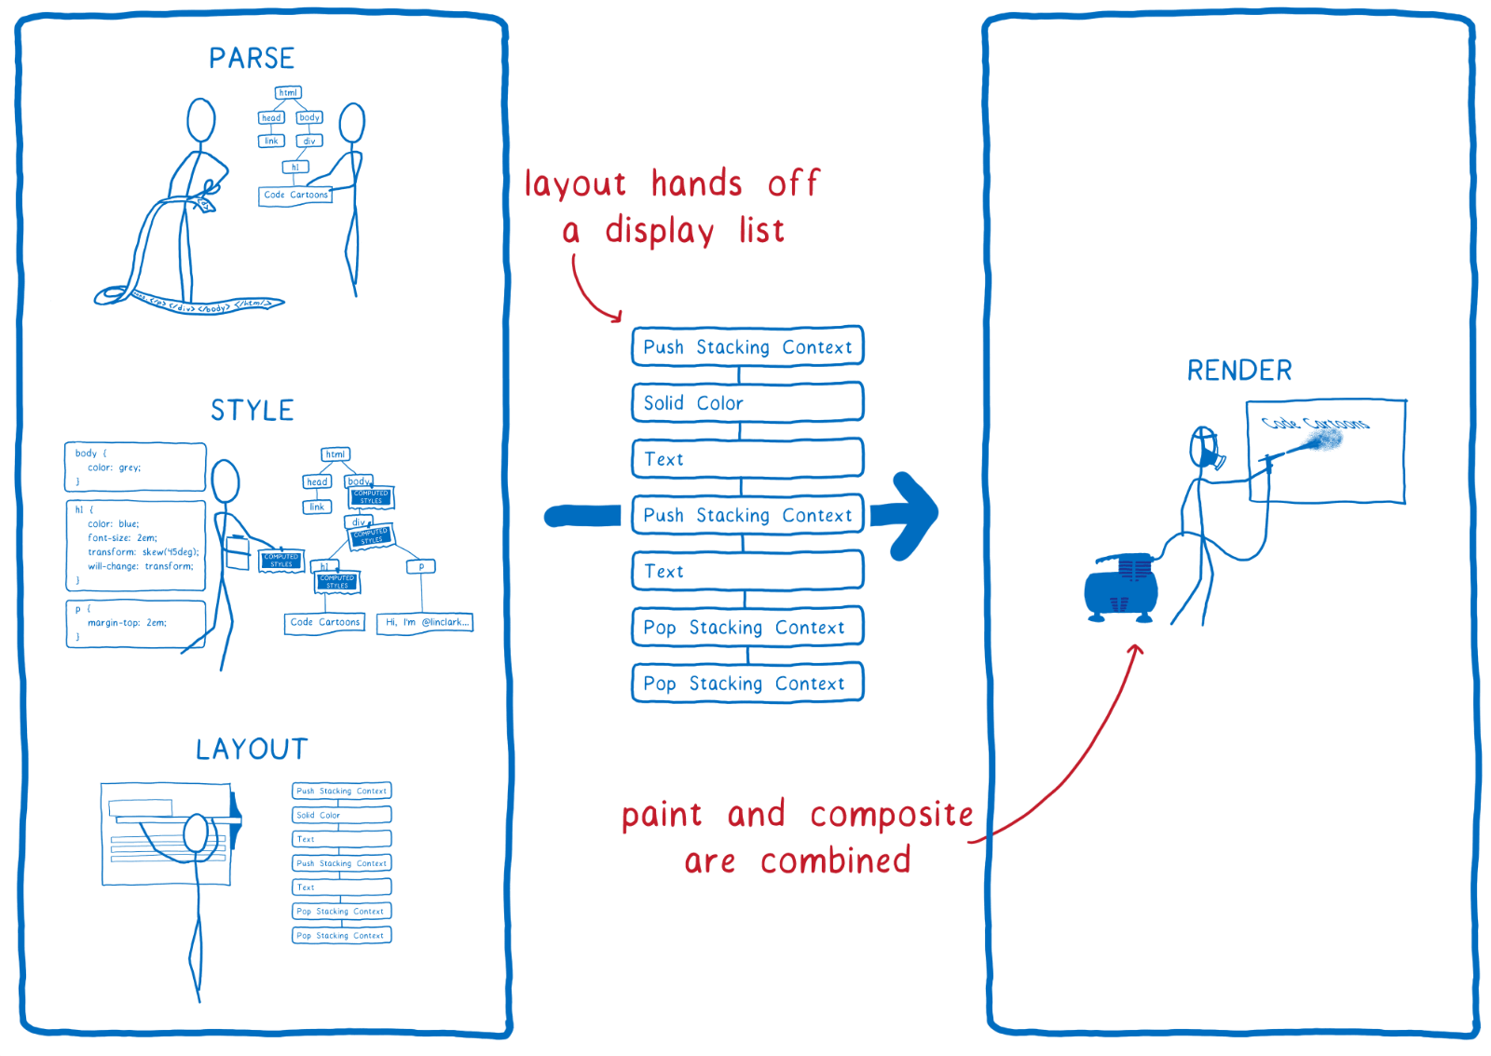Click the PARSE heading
(252, 59)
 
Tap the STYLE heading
(252, 410)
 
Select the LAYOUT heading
(252, 749)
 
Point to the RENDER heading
(1238, 371)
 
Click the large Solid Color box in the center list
(747, 403)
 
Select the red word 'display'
(660, 231)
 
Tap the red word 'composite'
(891, 815)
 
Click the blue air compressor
(1121, 587)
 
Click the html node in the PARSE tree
(289, 93)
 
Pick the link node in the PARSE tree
(271, 142)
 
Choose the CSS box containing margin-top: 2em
(135, 623)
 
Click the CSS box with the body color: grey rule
(135, 467)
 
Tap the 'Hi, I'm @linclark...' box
(425, 622)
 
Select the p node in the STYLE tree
(421, 566)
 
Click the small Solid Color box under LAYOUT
(341, 815)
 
